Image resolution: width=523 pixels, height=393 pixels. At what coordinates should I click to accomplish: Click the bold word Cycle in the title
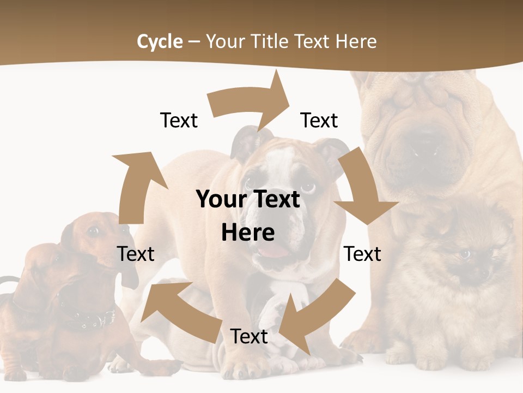(160, 41)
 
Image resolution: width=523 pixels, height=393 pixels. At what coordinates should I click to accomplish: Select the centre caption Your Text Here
(248, 216)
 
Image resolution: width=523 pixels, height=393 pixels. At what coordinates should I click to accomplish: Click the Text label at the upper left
(179, 120)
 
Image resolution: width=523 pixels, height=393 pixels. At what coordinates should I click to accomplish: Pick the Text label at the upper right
(319, 120)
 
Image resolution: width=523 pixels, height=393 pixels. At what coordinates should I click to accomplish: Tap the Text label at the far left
(136, 254)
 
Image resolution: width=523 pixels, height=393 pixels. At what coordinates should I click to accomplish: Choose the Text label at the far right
(363, 254)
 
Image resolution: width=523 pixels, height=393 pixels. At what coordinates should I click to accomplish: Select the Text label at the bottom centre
(249, 336)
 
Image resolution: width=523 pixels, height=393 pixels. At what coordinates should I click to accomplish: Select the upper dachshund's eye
(93, 231)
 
